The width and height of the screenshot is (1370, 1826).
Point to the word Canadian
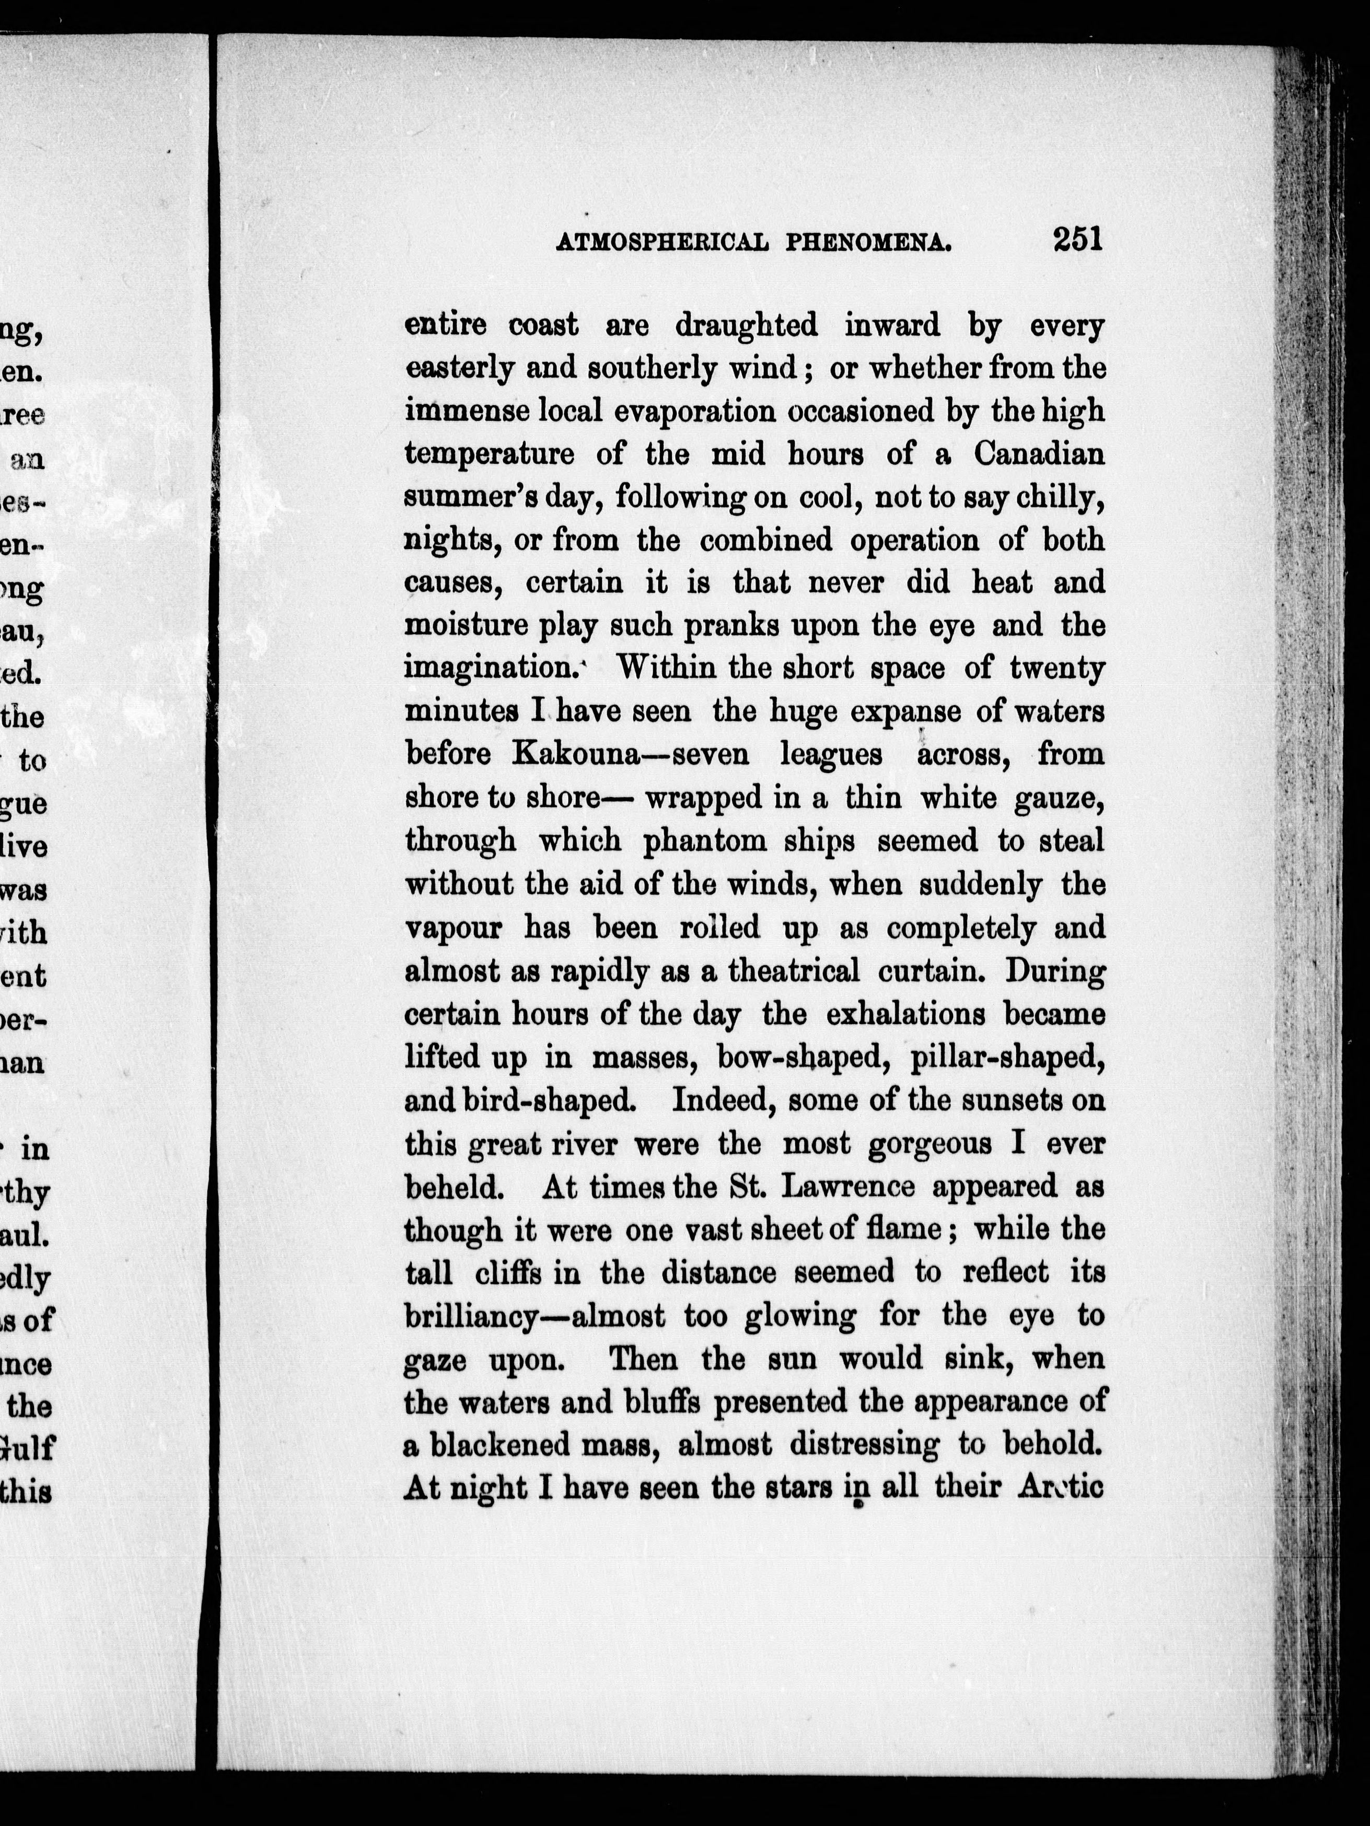(x=1038, y=454)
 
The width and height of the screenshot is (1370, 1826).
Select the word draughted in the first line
(x=747, y=325)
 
